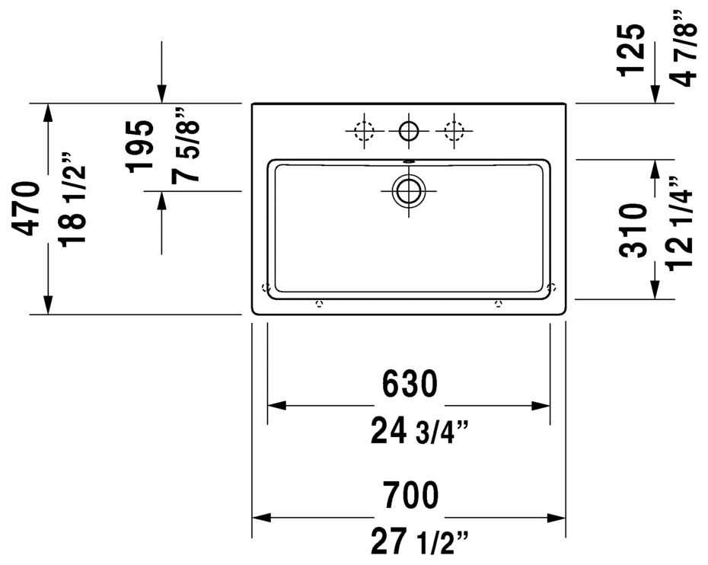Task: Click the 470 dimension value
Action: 25,208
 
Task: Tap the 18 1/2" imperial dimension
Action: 72,200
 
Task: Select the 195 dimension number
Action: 139,146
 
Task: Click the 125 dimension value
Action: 631,49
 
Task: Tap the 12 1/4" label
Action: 680,224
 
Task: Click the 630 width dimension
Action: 410,384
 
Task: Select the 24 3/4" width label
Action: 419,431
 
